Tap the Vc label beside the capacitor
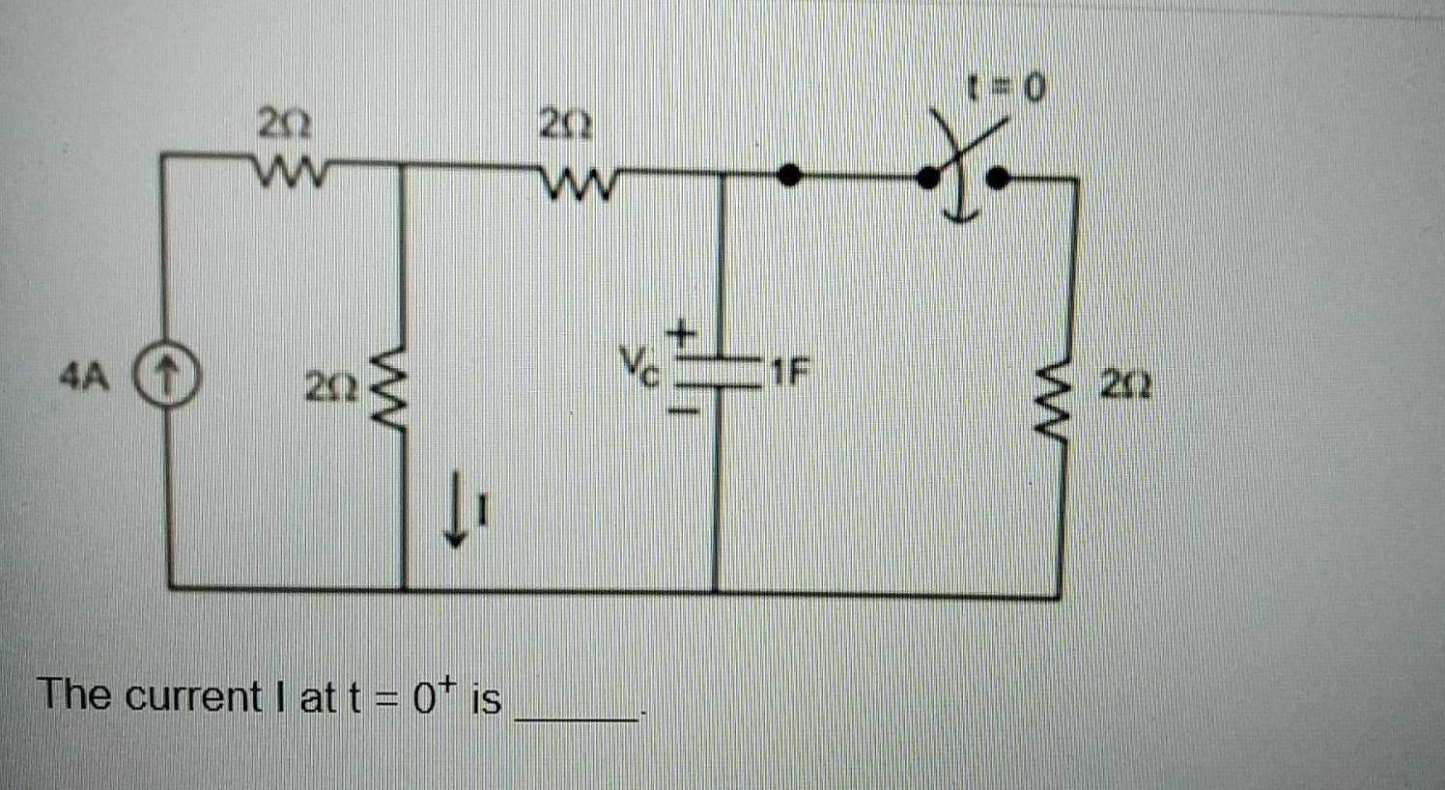point(639,365)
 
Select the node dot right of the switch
point(1000,177)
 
